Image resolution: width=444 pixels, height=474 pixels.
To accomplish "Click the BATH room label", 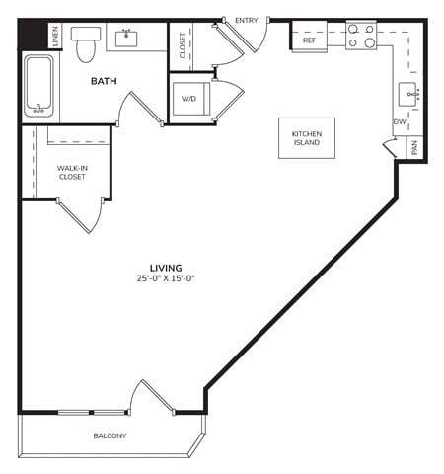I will tap(106, 82).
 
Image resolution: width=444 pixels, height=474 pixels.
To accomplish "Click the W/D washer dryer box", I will tap(189, 99).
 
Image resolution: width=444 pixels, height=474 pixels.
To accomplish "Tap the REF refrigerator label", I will tap(309, 40).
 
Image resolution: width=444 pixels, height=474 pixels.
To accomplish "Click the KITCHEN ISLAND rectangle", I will tap(307, 139).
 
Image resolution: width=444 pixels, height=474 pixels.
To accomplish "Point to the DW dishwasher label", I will tap(399, 122).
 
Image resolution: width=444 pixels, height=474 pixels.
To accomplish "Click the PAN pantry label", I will tap(415, 148).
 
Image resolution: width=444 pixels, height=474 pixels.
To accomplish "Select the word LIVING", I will tap(164, 268).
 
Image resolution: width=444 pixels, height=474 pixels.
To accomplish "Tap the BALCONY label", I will tap(110, 435).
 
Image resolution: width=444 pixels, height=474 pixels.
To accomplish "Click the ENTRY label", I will tap(246, 21).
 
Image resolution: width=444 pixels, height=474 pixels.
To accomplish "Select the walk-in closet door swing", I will tap(83, 215).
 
